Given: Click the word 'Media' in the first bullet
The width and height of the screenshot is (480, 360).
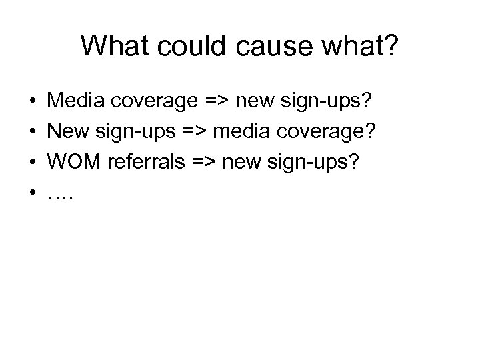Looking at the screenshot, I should pos(73,102).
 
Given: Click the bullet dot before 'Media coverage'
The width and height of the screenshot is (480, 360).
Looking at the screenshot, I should pos(32,103).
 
